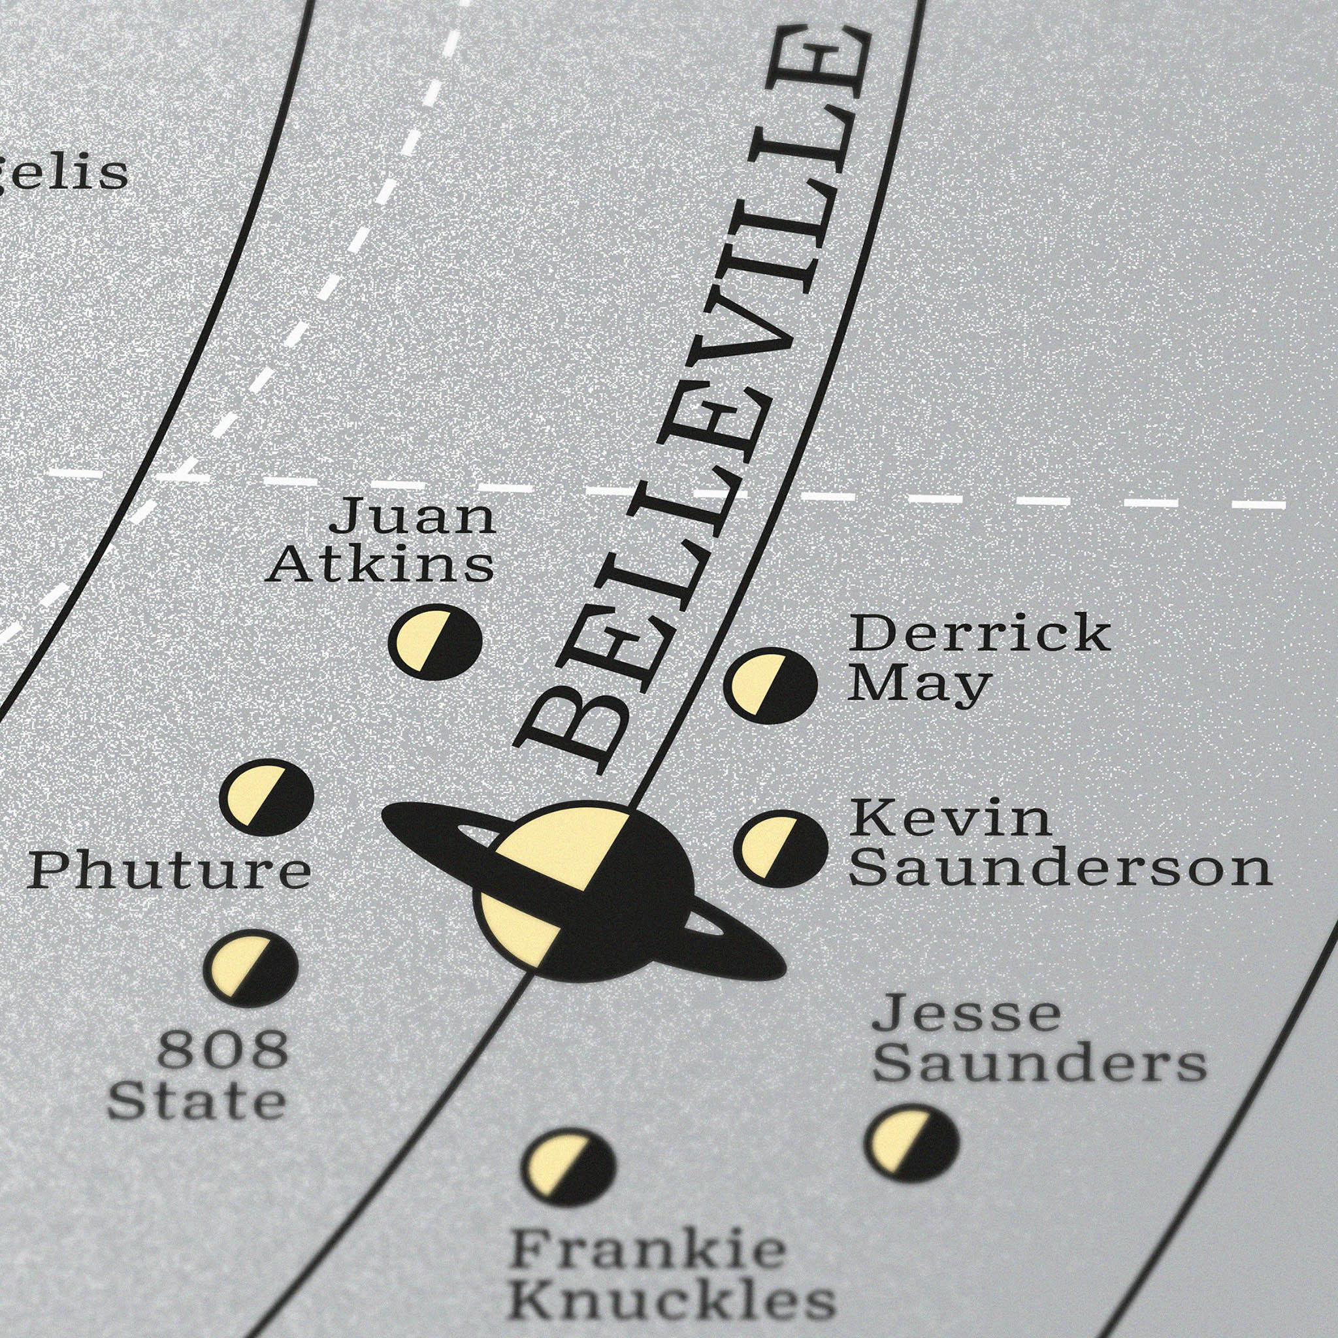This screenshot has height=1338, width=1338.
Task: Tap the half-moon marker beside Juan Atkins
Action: [x=435, y=642]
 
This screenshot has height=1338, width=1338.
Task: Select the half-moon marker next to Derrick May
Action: [x=770, y=685]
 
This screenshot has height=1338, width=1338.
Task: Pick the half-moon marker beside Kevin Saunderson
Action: [x=781, y=849]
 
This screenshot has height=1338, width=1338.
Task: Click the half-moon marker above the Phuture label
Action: [x=267, y=797]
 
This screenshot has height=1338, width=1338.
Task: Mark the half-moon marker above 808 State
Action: [x=251, y=968]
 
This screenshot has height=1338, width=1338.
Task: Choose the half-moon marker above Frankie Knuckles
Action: [x=568, y=1167]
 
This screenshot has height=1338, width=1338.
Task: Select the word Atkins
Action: [x=380, y=565]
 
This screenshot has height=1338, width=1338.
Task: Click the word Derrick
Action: [x=979, y=633]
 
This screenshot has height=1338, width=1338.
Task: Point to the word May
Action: [x=919, y=685]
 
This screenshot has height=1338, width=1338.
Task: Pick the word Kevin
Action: [x=950, y=819]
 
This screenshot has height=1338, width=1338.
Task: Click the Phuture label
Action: [x=170, y=872]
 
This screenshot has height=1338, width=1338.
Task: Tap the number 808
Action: [x=222, y=1049]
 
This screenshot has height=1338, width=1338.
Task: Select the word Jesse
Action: [x=966, y=1014]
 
